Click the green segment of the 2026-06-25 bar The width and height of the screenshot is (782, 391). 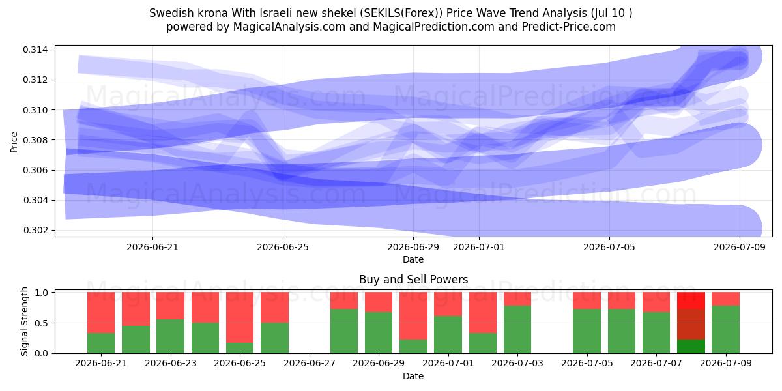click(240, 348)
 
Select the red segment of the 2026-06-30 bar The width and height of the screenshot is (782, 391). click(413, 315)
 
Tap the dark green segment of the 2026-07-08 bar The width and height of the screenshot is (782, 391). click(691, 346)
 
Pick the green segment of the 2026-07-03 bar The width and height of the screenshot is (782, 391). click(517, 330)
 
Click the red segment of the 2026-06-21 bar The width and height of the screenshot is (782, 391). click(101, 312)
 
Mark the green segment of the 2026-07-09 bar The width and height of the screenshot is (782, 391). click(726, 330)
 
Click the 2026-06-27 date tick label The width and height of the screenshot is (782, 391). click(310, 364)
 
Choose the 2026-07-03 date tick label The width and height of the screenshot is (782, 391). click(517, 364)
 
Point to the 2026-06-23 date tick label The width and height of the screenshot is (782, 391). click(171, 364)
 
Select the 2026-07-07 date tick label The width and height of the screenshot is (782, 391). click(656, 364)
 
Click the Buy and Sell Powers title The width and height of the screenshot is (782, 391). click(413, 280)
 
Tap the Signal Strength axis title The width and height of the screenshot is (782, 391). click(24, 321)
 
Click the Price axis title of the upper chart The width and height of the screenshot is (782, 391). click(14, 142)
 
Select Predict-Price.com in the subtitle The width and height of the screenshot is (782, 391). click(569, 27)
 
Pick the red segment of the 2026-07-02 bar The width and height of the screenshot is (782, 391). click(482, 312)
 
